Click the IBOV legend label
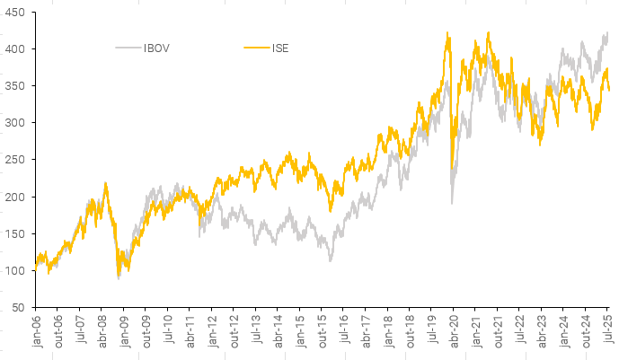156,48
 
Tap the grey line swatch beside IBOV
128,48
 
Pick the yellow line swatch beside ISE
257,48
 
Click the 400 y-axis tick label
15,48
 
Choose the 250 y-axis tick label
15,159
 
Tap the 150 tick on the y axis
15,233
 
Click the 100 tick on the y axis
15,270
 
